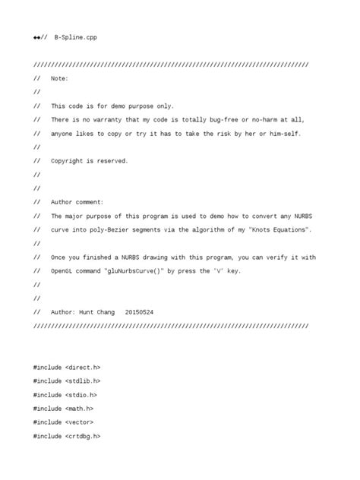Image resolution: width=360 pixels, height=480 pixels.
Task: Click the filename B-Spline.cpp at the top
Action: tap(75, 37)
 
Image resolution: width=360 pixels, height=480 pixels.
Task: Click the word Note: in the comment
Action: tap(59, 78)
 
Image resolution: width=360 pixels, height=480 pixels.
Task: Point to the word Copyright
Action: tap(68, 161)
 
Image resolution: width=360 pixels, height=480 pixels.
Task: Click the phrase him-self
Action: tap(284, 134)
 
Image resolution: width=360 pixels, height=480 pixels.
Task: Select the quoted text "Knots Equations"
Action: tap(278, 229)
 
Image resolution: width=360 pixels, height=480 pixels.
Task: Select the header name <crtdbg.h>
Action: tap(83, 436)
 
